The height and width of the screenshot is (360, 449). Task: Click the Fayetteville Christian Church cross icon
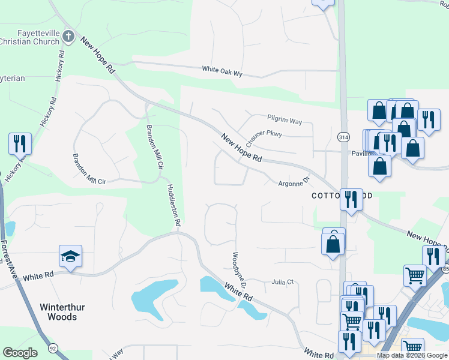(x=69, y=37)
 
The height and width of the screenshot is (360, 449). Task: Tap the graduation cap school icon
(x=70, y=256)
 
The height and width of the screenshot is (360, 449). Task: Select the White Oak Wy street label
(x=222, y=70)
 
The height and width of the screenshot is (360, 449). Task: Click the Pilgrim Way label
(x=285, y=121)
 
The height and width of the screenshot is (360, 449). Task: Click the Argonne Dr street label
(x=293, y=181)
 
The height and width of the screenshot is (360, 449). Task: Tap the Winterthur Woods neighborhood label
(x=58, y=311)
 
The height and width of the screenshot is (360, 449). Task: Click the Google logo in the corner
(x=20, y=353)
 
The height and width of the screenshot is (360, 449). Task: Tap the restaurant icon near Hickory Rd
(x=20, y=144)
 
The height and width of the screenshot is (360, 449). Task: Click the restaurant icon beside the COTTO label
(x=351, y=198)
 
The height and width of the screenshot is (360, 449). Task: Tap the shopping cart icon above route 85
(x=415, y=275)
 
